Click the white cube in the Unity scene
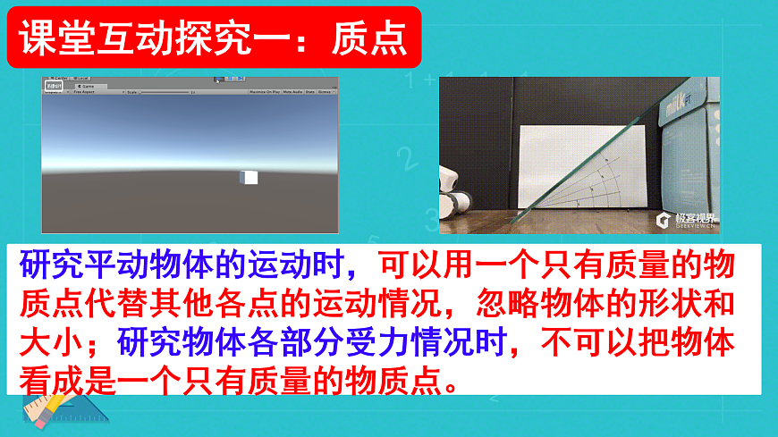[249, 177]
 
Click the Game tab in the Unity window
[87, 86]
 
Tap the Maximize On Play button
[263, 92]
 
